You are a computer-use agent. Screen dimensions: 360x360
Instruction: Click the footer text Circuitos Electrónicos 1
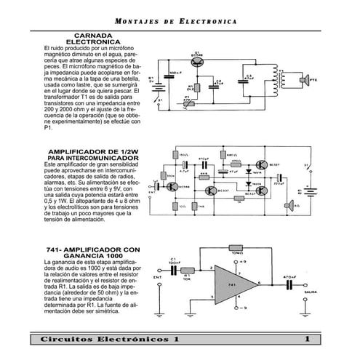pos(108,340)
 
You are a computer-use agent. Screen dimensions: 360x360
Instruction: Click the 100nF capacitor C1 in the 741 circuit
pos(174,268)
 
